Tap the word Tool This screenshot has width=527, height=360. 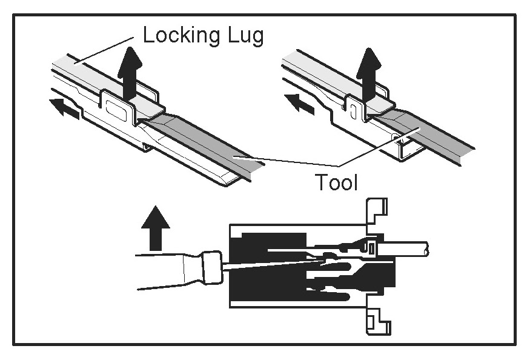336,182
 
